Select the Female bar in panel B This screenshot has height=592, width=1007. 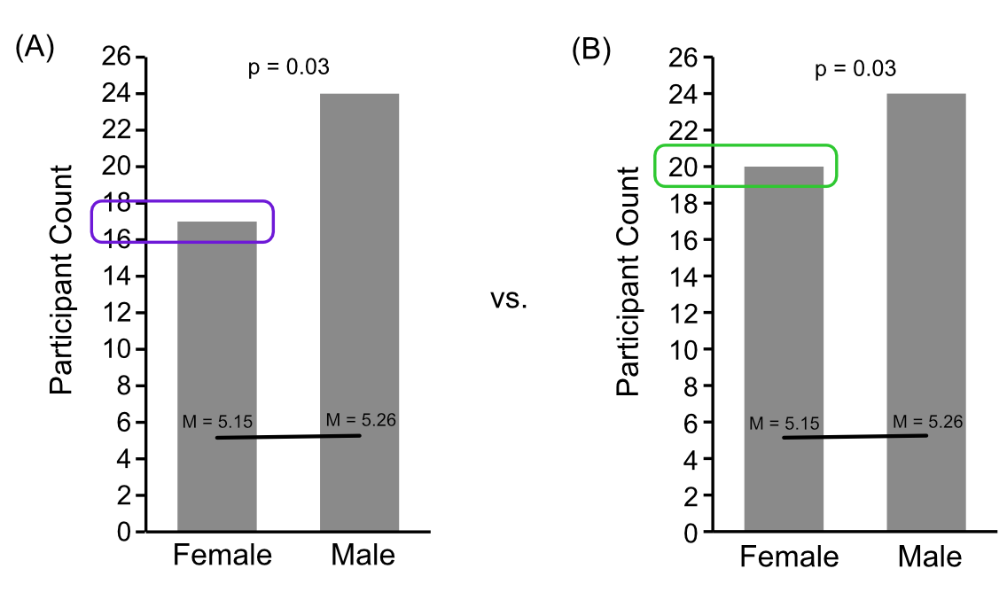tap(783, 354)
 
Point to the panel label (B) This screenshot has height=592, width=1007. tap(591, 51)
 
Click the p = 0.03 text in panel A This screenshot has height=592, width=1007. tap(289, 68)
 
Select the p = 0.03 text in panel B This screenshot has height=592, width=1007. tap(855, 68)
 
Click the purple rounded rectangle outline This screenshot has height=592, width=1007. tap(183, 203)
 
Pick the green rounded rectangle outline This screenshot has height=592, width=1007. tap(745, 146)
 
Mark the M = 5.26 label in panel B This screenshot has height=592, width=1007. tap(926, 421)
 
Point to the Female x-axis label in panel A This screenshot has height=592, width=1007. tap(222, 556)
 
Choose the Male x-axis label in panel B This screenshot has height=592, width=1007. tap(929, 557)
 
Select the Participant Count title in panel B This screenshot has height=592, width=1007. tap(628, 280)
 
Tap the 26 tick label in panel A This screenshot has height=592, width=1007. tap(119, 58)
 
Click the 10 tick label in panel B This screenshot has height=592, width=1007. tap(686, 349)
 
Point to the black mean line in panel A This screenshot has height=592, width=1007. tap(288, 436)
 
